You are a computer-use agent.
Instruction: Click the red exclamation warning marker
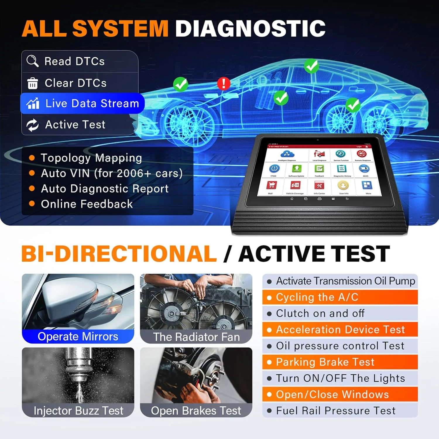coord(224,83)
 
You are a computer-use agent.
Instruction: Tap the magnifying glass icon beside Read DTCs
coord(32,61)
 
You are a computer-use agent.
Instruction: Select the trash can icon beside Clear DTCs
coord(32,83)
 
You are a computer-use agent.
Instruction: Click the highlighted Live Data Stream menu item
coord(83,103)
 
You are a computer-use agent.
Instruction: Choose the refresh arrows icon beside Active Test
coord(32,125)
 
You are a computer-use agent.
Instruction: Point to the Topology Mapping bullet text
coord(91,158)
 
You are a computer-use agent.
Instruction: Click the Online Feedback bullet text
coord(87,204)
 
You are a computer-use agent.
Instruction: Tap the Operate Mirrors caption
coord(78,337)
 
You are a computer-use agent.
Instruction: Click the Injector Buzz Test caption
coord(78,411)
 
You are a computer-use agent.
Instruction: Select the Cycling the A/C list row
coord(340,297)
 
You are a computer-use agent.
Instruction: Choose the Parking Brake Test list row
coord(340,362)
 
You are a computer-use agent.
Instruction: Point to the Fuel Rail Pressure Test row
coord(340,411)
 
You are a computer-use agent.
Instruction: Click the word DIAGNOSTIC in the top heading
coord(250,29)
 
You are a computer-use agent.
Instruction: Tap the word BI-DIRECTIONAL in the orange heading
coord(119,253)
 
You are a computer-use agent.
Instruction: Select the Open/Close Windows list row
coord(340,395)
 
